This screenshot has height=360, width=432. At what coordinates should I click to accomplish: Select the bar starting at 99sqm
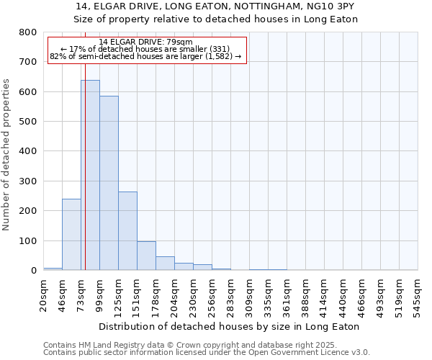click(x=109, y=183)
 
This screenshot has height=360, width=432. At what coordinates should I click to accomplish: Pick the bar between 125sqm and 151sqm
click(x=127, y=230)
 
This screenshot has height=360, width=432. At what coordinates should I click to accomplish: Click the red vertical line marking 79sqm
click(x=84, y=180)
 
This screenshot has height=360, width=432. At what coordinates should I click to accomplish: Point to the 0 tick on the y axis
click(x=33, y=271)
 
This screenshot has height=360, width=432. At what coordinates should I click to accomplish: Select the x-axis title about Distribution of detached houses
click(x=228, y=326)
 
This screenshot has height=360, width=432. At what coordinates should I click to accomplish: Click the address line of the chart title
click(x=216, y=6)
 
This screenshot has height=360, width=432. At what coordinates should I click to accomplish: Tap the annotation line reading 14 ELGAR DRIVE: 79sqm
click(x=146, y=42)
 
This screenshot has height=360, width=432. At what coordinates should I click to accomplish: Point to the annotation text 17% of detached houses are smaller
click(x=146, y=49)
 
